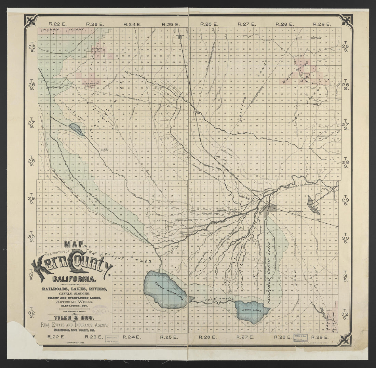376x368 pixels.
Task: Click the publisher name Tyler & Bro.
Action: click(73, 317)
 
